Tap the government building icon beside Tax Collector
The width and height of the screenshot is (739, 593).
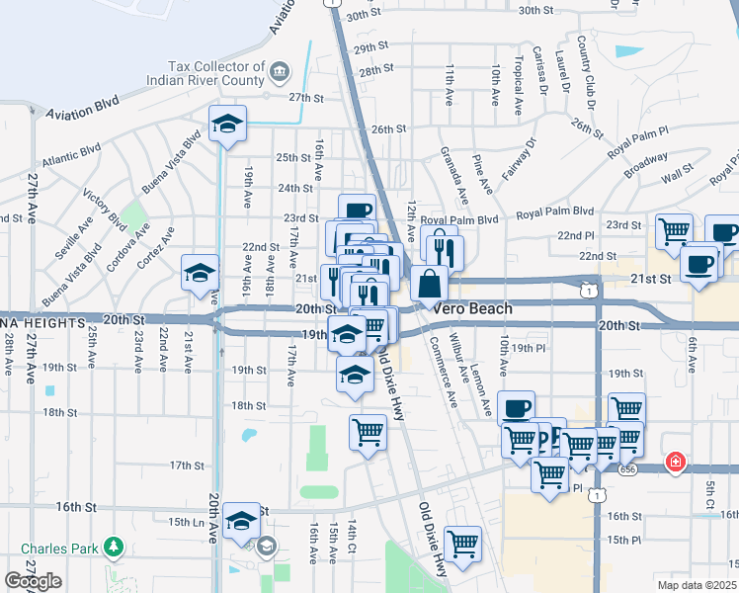coord(280,71)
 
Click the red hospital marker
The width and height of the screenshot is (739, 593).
coord(676,462)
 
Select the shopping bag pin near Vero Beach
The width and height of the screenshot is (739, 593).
coord(429,284)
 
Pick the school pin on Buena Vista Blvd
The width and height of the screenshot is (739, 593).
coord(227,125)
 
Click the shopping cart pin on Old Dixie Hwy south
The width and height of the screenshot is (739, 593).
coord(462,544)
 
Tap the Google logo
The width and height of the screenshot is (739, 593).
coord(33,581)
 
